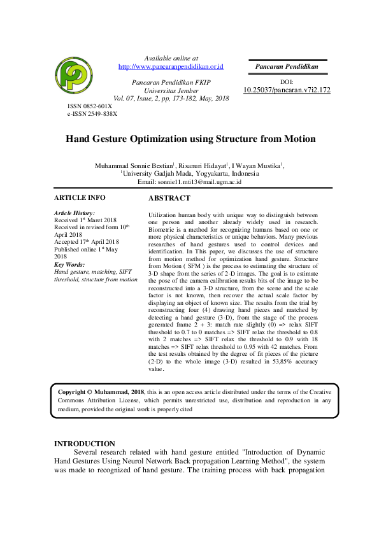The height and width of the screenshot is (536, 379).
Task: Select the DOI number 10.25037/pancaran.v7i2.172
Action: click(x=287, y=90)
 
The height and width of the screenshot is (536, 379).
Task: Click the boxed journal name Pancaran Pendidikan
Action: click(x=287, y=66)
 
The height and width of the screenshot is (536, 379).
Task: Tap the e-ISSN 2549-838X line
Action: click(x=92, y=113)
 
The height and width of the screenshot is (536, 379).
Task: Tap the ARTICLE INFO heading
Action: click(x=80, y=197)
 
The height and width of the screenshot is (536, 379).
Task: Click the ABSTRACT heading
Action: click(x=169, y=199)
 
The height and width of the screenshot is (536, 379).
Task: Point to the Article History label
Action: click(x=75, y=213)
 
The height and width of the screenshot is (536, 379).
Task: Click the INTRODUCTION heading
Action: click(x=85, y=444)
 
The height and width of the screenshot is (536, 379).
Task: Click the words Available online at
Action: click(x=171, y=58)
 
